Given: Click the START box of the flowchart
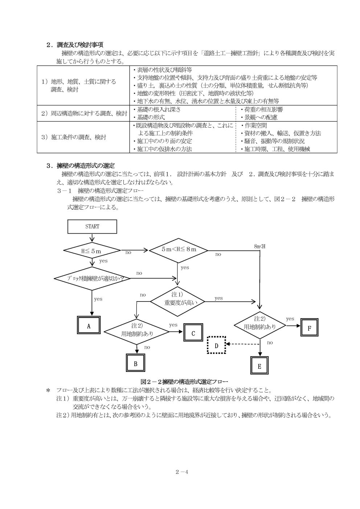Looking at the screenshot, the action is click(x=92, y=226).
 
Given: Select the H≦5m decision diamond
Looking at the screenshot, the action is click(x=92, y=251).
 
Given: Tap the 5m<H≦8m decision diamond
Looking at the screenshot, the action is click(x=179, y=250).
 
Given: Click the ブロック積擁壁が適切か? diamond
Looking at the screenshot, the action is click(x=92, y=279).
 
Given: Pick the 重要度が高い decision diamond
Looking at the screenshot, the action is click(x=177, y=301).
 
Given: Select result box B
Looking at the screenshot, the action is click(x=135, y=364).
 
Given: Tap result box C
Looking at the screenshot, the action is click(x=193, y=333).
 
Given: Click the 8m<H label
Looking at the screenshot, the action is click(x=260, y=246).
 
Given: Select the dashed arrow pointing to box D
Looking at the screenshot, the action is click(x=243, y=344).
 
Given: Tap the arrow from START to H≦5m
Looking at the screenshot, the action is click(x=92, y=238).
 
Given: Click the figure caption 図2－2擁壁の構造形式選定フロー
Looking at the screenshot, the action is click(x=184, y=381).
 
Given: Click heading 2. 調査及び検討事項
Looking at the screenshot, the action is click(x=74, y=45).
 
